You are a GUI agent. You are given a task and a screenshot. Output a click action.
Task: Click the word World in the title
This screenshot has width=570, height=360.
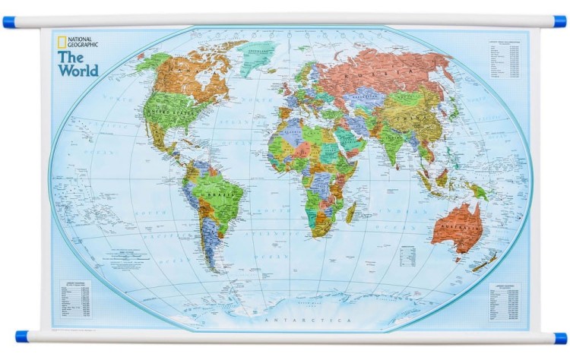tap(79, 71)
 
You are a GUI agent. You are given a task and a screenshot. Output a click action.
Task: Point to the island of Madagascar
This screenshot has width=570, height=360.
tap(350, 211)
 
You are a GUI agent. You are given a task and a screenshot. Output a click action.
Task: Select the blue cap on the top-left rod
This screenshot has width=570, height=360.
tap(8, 22)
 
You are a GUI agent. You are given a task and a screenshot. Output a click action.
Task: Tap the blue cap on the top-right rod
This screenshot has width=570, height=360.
tap(560, 22)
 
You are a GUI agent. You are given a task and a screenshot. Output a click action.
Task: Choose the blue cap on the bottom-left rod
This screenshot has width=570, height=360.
tap(21, 336)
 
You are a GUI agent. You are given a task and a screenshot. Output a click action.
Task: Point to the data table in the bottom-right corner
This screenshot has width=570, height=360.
tap(505, 300)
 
